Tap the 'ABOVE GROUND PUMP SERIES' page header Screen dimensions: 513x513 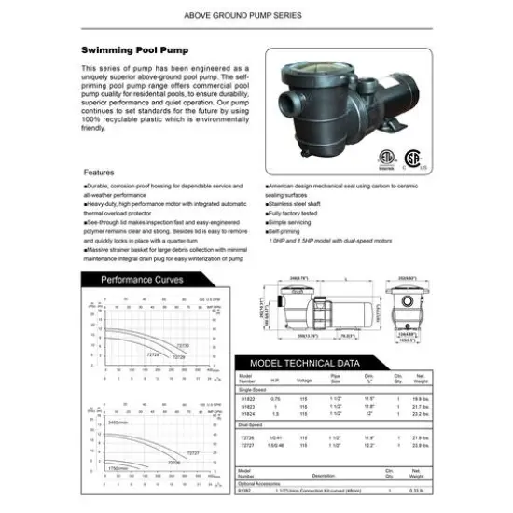point(256,15)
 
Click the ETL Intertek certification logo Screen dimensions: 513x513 point(385,157)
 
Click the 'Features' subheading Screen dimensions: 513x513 point(100,173)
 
